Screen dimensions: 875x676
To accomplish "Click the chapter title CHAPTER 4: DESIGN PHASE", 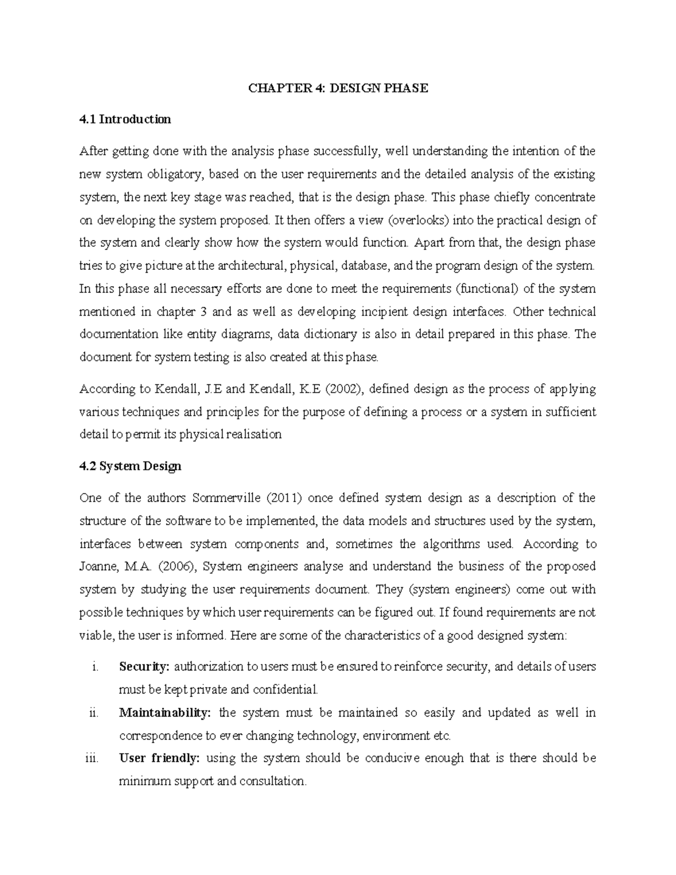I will pos(338,88).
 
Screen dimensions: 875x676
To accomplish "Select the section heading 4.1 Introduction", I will pos(125,119).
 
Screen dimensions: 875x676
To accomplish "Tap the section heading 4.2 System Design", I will pos(130,466).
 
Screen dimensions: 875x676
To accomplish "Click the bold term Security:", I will pos(144,667).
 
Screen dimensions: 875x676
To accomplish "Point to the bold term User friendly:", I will pos(159,758).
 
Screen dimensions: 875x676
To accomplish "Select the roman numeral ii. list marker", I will pos(94,712).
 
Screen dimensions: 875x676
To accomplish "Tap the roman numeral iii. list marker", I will pos(92,758).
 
